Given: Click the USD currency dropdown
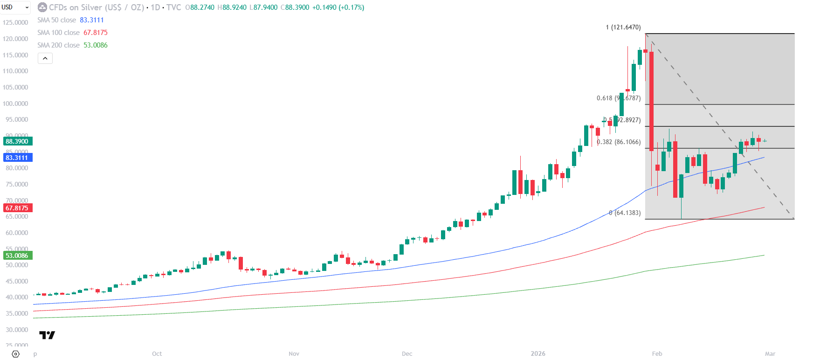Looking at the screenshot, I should click(15, 7).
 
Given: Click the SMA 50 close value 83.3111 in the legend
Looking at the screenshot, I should click(92, 20).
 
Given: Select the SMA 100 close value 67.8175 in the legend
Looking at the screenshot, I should click(96, 33).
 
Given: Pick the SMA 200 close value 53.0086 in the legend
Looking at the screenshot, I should click(96, 45).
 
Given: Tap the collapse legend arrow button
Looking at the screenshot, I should click(45, 58).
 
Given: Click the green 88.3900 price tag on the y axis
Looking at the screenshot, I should click(17, 141).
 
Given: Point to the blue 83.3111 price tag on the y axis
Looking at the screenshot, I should click(17, 158).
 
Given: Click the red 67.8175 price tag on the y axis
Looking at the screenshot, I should click(17, 208).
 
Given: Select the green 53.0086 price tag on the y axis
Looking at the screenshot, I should click(17, 256).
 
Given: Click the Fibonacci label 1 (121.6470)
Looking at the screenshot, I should click(623, 28).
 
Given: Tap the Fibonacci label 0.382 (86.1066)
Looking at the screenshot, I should click(619, 142).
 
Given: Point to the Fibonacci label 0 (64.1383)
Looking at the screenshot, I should click(625, 213).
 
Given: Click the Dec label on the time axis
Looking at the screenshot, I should click(407, 354).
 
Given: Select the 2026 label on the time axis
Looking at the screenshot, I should click(538, 354).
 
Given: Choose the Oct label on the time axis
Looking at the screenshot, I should click(157, 354).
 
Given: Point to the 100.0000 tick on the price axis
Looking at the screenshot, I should click(15, 104).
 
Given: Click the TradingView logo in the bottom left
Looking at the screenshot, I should click(47, 335).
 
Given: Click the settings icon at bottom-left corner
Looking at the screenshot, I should click(15, 354).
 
